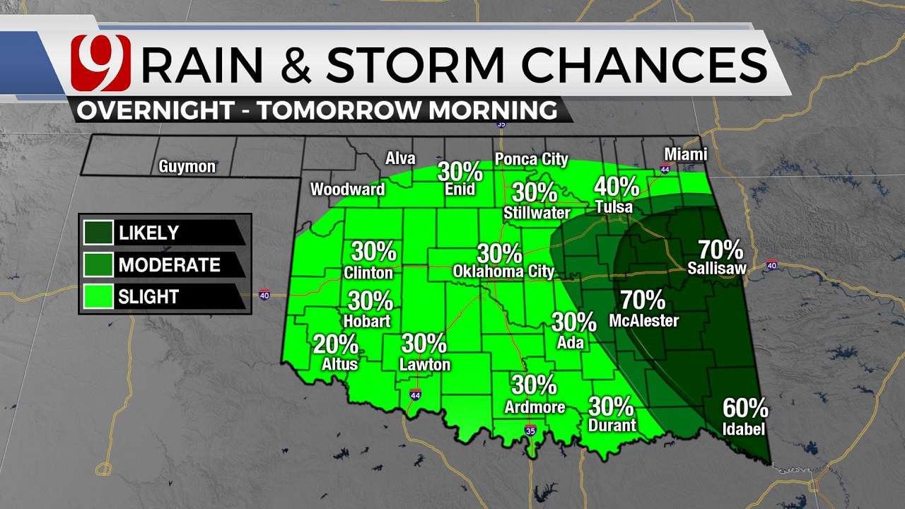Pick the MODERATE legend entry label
(x=170, y=265)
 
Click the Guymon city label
(x=187, y=167)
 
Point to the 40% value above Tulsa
(x=617, y=187)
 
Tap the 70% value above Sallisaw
(x=720, y=250)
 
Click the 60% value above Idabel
(x=745, y=408)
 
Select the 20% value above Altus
(x=335, y=344)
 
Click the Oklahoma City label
(x=503, y=271)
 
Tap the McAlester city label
(x=643, y=321)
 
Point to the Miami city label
(x=685, y=154)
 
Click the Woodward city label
(x=347, y=189)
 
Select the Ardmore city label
(x=535, y=407)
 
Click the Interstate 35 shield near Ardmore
(x=530, y=431)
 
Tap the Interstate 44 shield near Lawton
(x=415, y=395)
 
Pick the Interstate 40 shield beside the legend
(x=264, y=295)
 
